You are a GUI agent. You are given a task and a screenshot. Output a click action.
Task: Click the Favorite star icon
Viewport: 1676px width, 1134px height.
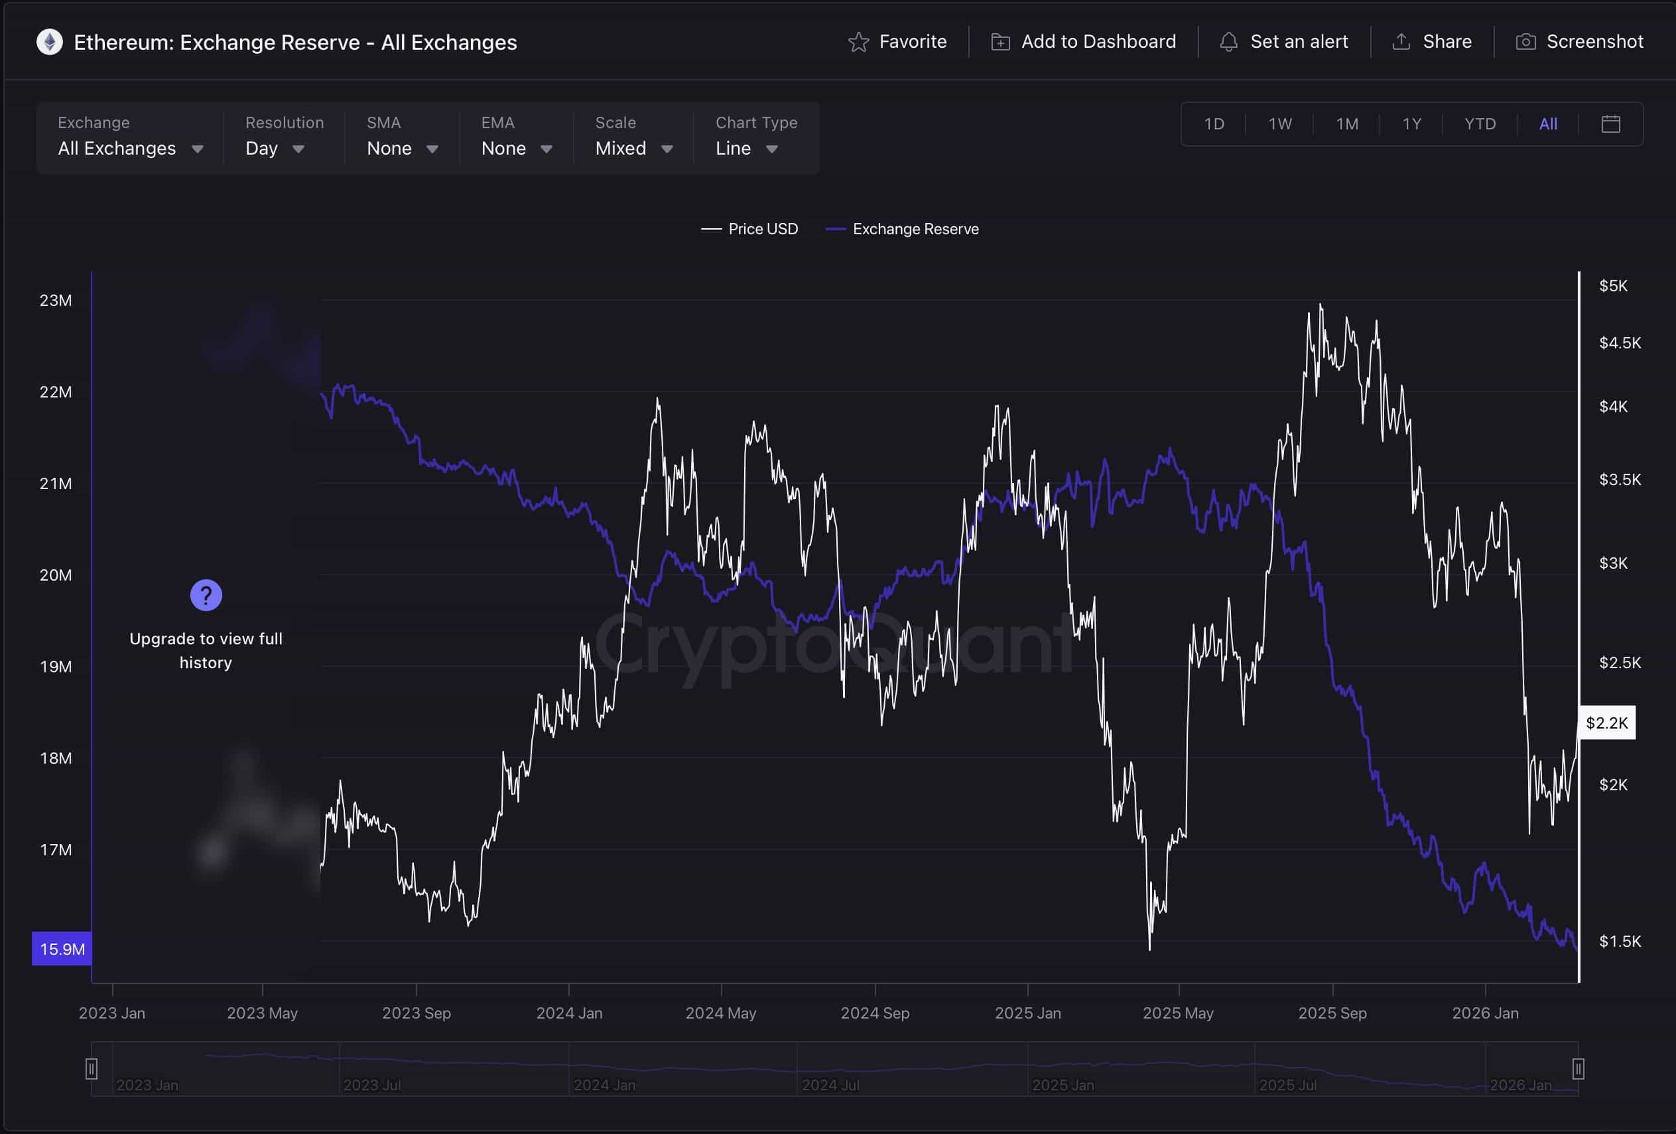[x=858, y=42]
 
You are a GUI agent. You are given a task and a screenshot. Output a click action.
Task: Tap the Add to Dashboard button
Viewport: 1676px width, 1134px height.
[x=1084, y=42]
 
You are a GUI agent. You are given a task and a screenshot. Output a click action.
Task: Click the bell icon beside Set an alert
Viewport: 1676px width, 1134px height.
[x=1228, y=42]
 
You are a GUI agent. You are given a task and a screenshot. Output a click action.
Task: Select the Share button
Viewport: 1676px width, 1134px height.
[x=1431, y=42]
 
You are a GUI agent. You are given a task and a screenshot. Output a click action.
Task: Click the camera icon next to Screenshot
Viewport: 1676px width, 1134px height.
[x=1525, y=42]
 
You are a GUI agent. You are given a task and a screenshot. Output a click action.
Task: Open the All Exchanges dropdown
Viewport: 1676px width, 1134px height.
[x=130, y=149]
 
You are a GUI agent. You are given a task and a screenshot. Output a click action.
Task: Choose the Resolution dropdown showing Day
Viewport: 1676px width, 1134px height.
[x=274, y=149]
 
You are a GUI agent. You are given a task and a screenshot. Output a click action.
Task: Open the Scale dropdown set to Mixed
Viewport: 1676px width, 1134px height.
[x=633, y=149]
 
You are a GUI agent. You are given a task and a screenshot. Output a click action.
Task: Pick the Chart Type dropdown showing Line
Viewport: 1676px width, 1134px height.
[x=746, y=149]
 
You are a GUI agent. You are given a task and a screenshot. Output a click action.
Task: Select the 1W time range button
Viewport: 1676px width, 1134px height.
[x=1280, y=124]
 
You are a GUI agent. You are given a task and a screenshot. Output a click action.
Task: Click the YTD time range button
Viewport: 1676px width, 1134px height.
[x=1480, y=124]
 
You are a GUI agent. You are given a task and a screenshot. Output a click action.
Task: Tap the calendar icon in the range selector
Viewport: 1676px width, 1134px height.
[x=1610, y=124]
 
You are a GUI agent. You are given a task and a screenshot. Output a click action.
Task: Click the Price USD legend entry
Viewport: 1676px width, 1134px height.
[x=750, y=229]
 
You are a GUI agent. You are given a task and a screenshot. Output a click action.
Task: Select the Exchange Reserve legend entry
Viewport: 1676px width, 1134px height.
[x=903, y=229]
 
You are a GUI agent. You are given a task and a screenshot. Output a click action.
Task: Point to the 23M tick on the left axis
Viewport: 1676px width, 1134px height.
[x=56, y=300]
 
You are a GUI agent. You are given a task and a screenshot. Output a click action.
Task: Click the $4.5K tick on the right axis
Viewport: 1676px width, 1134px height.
[x=1620, y=342]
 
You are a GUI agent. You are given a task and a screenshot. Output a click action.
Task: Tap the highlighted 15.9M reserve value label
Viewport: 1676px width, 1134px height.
[x=62, y=949]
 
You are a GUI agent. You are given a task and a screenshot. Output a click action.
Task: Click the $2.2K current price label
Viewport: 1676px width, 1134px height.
[x=1607, y=723]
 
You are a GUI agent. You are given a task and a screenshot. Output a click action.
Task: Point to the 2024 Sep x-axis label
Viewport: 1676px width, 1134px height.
[x=875, y=1013]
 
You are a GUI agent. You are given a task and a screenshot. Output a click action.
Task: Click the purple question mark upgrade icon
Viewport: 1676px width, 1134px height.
[x=206, y=595]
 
